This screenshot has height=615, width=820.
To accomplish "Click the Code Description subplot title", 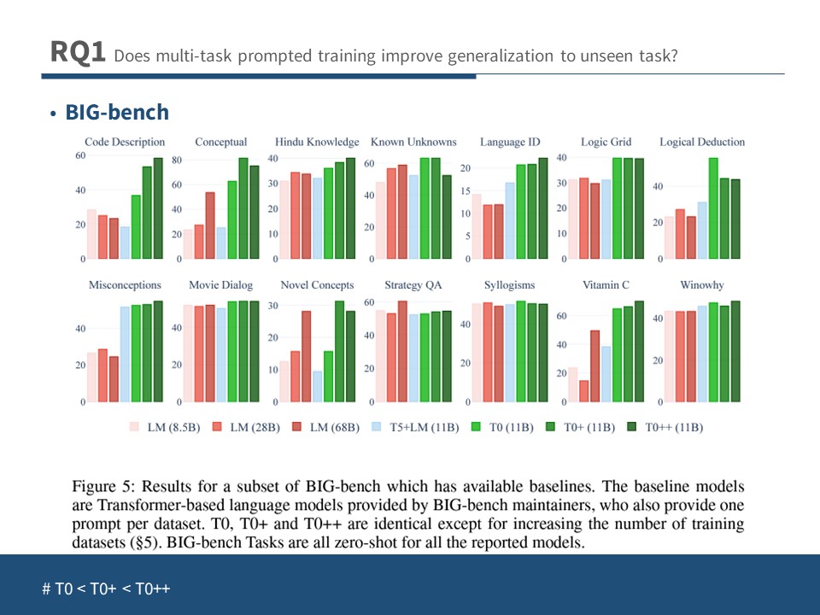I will [125, 142].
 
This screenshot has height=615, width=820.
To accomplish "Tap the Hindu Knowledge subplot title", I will [318, 142].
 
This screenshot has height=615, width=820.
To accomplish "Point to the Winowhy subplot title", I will [702, 285].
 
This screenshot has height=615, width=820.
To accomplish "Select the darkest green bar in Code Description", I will [158, 208].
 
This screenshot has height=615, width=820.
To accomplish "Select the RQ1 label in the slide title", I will [78, 53].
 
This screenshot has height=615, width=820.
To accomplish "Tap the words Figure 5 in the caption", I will [102, 488].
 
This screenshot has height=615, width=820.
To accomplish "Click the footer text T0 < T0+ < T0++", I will [106, 589].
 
